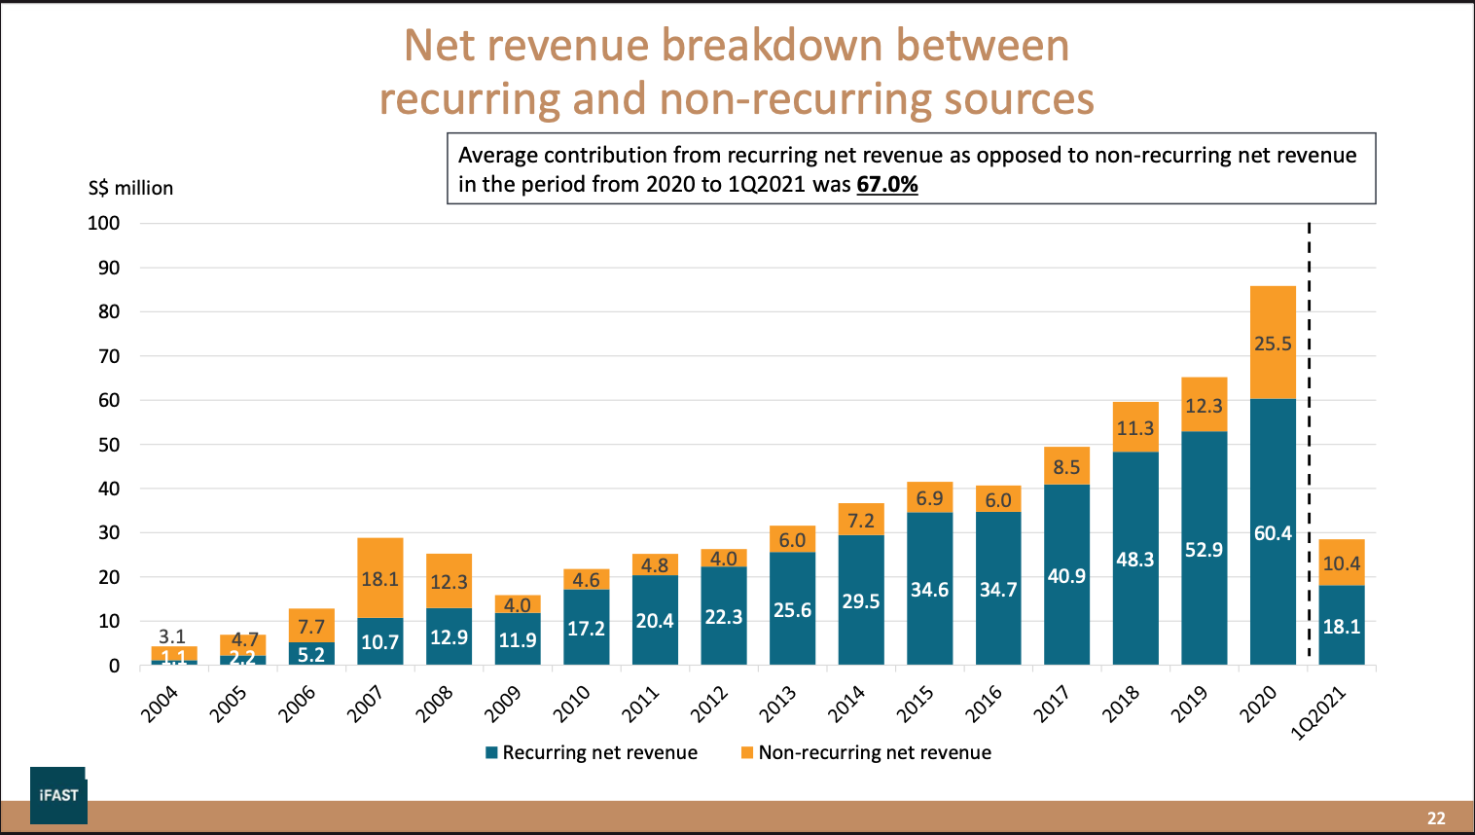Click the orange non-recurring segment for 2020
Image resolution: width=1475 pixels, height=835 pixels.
(x=1273, y=321)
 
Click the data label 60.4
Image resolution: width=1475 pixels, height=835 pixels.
(x=1273, y=533)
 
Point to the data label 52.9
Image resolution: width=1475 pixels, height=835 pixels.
(x=1204, y=550)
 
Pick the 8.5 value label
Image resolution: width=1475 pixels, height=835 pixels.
(x=1066, y=467)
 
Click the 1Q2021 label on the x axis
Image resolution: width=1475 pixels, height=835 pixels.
(x=1318, y=712)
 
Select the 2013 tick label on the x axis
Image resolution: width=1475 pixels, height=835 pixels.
(x=777, y=704)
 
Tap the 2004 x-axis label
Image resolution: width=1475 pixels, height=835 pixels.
(x=160, y=704)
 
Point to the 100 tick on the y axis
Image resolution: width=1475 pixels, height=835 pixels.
(x=104, y=223)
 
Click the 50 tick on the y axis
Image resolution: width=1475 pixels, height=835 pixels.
(x=109, y=445)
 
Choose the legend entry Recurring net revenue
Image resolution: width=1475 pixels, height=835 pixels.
(x=599, y=752)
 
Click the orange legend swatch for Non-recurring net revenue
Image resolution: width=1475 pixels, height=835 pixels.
(x=747, y=752)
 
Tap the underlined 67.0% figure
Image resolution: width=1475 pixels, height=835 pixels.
(x=887, y=184)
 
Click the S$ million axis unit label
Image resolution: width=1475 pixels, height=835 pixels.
(x=130, y=188)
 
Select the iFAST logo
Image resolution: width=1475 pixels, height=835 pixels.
(x=58, y=794)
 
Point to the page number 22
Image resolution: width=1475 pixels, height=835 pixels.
(x=1436, y=818)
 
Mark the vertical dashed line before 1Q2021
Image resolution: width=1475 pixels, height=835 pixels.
(x=1309, y=438)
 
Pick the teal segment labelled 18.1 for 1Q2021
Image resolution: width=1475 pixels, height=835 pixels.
(x=1342, y=626)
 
